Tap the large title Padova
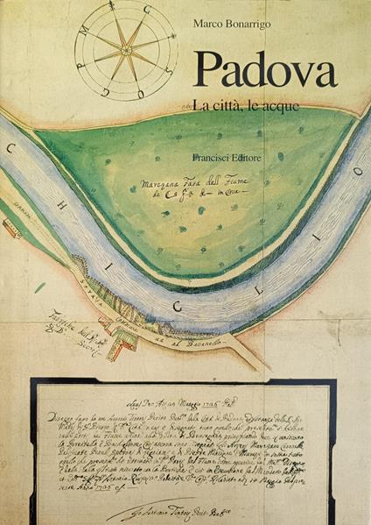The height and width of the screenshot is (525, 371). pyautogui.click(x=264, y=70)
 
